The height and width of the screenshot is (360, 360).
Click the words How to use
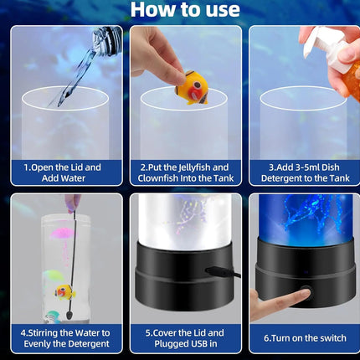tap(185, 9)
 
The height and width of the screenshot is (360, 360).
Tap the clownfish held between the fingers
tap(192, 88)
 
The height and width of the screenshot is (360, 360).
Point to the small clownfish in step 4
tap(65, 291)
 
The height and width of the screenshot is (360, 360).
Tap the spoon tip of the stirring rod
tap(68, 315)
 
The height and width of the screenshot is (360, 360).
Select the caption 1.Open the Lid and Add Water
tap(63, 172)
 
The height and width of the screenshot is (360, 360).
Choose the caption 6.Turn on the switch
tap(305, 338)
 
